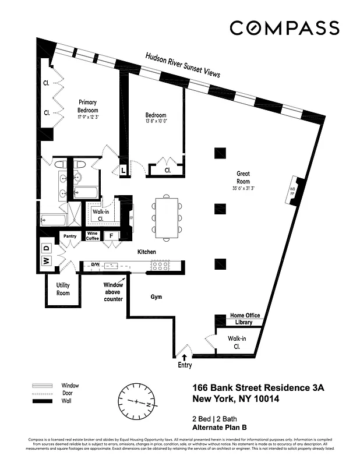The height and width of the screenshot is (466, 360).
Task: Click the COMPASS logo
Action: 284,27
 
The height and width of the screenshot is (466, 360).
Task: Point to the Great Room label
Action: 243,177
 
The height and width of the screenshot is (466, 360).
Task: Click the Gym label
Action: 156,297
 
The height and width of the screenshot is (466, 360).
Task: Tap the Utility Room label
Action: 63,289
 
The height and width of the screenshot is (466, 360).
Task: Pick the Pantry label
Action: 70,236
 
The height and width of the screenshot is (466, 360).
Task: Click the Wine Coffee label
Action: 93,235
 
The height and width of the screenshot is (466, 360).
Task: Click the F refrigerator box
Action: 111,236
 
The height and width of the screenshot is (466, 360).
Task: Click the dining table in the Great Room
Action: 167,217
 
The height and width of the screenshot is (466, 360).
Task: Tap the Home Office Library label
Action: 245,319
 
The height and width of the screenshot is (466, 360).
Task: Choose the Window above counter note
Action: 114,292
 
